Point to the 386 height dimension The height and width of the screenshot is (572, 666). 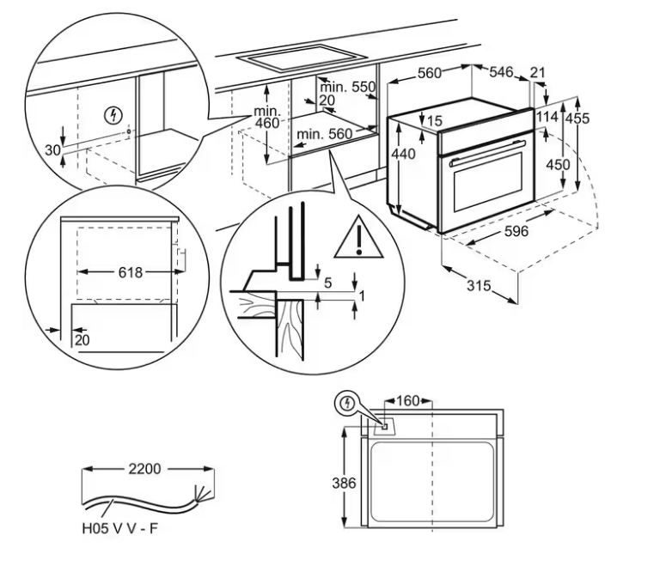[344, 484]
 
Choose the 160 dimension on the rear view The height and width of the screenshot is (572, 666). [409, 400]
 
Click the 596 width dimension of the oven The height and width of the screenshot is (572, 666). [516, 232]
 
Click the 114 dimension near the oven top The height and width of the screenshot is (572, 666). [547, 117]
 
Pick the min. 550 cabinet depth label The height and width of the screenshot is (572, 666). [348, 87]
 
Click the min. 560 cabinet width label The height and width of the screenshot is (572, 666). [325, 134]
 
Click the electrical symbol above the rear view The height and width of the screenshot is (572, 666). [347, 401]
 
